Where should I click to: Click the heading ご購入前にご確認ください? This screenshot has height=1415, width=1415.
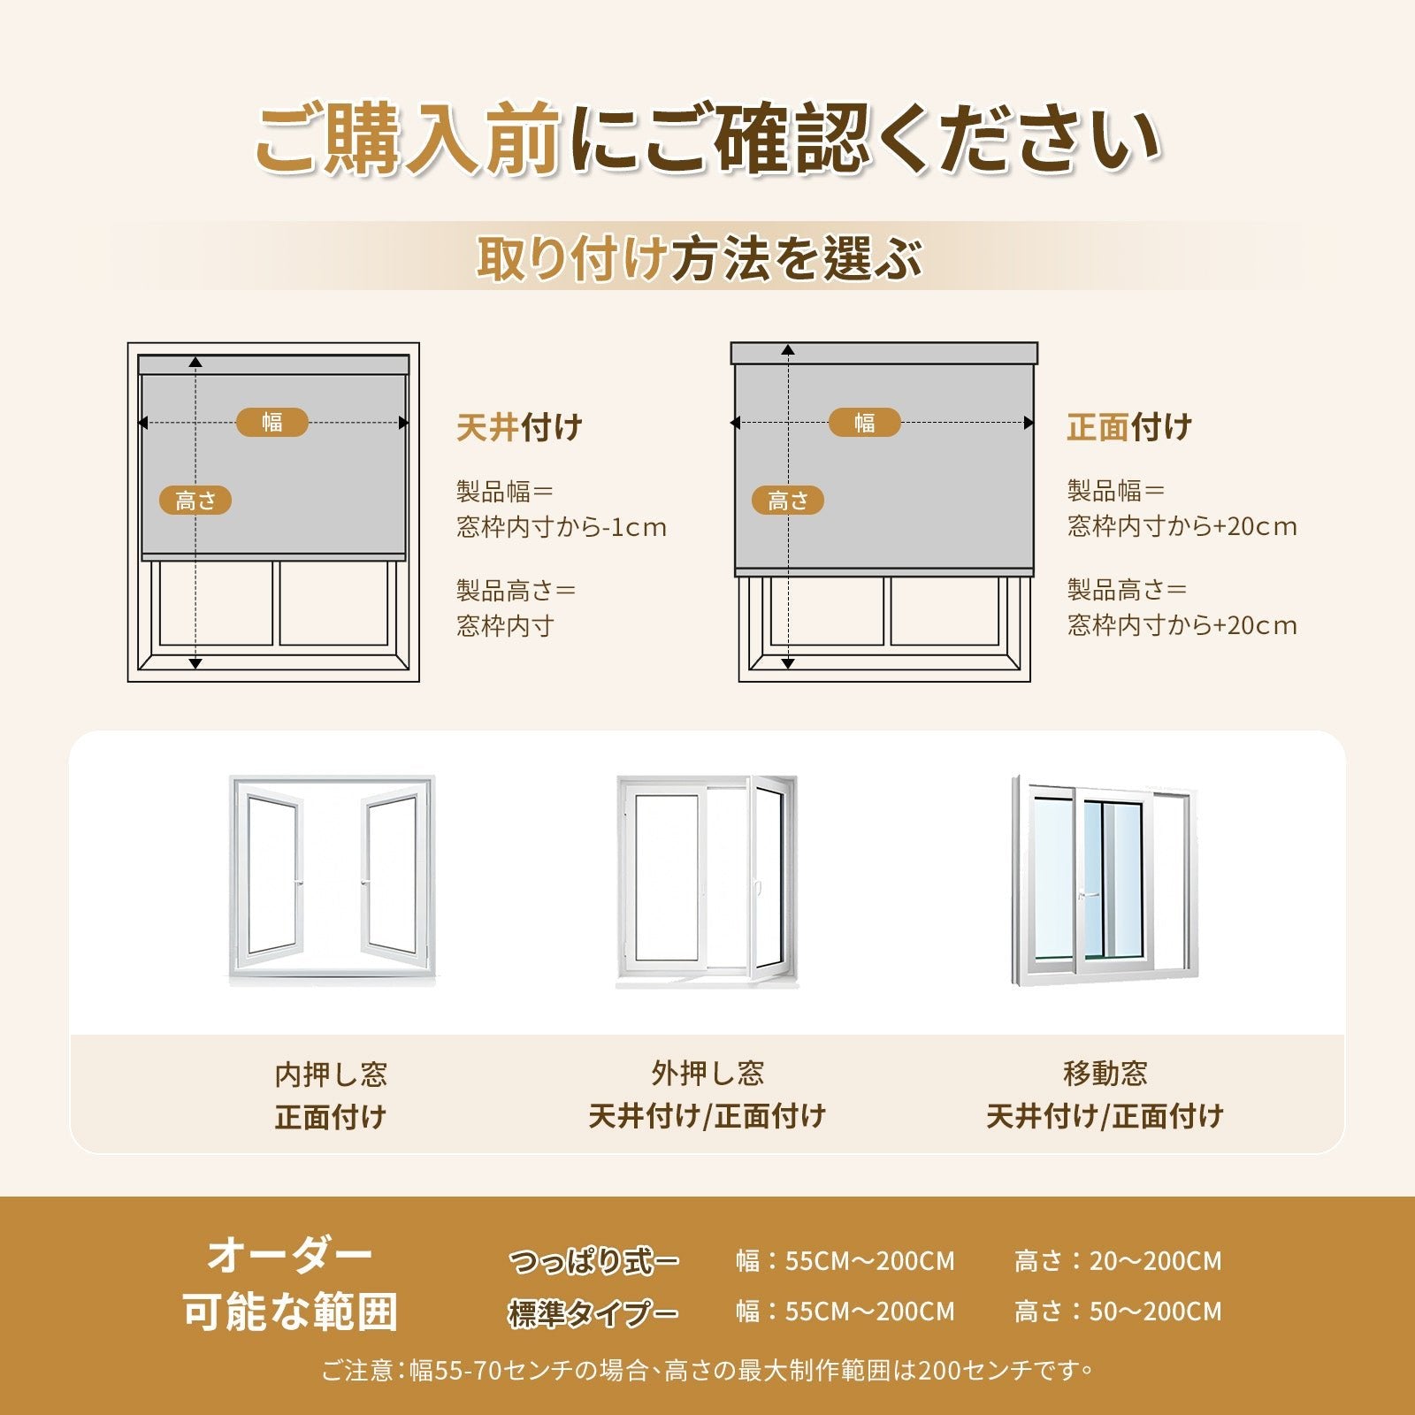click(707, 139)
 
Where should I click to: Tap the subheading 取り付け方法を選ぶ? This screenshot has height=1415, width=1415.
click(700, 258)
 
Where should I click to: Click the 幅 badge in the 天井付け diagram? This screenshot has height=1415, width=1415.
click(272, 423)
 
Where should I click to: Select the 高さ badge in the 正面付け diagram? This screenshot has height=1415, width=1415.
click(788, 501)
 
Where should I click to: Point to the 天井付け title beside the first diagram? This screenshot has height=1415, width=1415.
click(519, 427)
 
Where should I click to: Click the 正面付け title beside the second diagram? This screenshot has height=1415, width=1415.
click(1129, 427)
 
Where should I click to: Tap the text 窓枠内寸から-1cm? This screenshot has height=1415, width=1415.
click(562, 527)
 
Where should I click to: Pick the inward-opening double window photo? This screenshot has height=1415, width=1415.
click(332, 880)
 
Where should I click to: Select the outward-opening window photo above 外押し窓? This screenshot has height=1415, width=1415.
click(707, 881)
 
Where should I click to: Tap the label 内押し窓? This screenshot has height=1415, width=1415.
click(331, 1075)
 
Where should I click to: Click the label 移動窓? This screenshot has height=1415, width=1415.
click(1105, 1074)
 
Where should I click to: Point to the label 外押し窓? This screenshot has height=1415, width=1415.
click(707, 1074)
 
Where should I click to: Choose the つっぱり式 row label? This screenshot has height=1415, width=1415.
click(594, 1261)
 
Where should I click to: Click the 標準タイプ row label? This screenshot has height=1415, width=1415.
click(594, 1312)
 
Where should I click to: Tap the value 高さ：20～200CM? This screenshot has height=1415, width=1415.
click(1118, 1261)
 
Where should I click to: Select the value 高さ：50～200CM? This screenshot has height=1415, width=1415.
click(1118, 1312)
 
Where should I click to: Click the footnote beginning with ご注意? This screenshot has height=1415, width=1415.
click(707, 1371)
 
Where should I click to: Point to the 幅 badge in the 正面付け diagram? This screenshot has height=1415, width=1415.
click(865, 423)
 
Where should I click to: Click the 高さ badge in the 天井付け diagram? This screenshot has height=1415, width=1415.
click(195, 501)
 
